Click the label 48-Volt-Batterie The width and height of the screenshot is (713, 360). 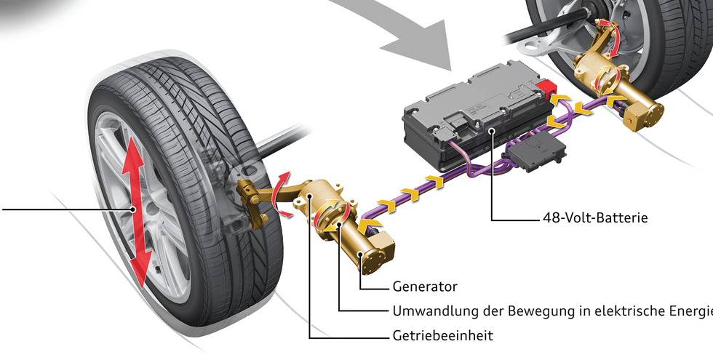[x=594, y=217]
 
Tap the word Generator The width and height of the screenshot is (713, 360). [x=425, y=287]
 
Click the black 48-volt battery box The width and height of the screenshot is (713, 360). [x=466, y=109]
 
